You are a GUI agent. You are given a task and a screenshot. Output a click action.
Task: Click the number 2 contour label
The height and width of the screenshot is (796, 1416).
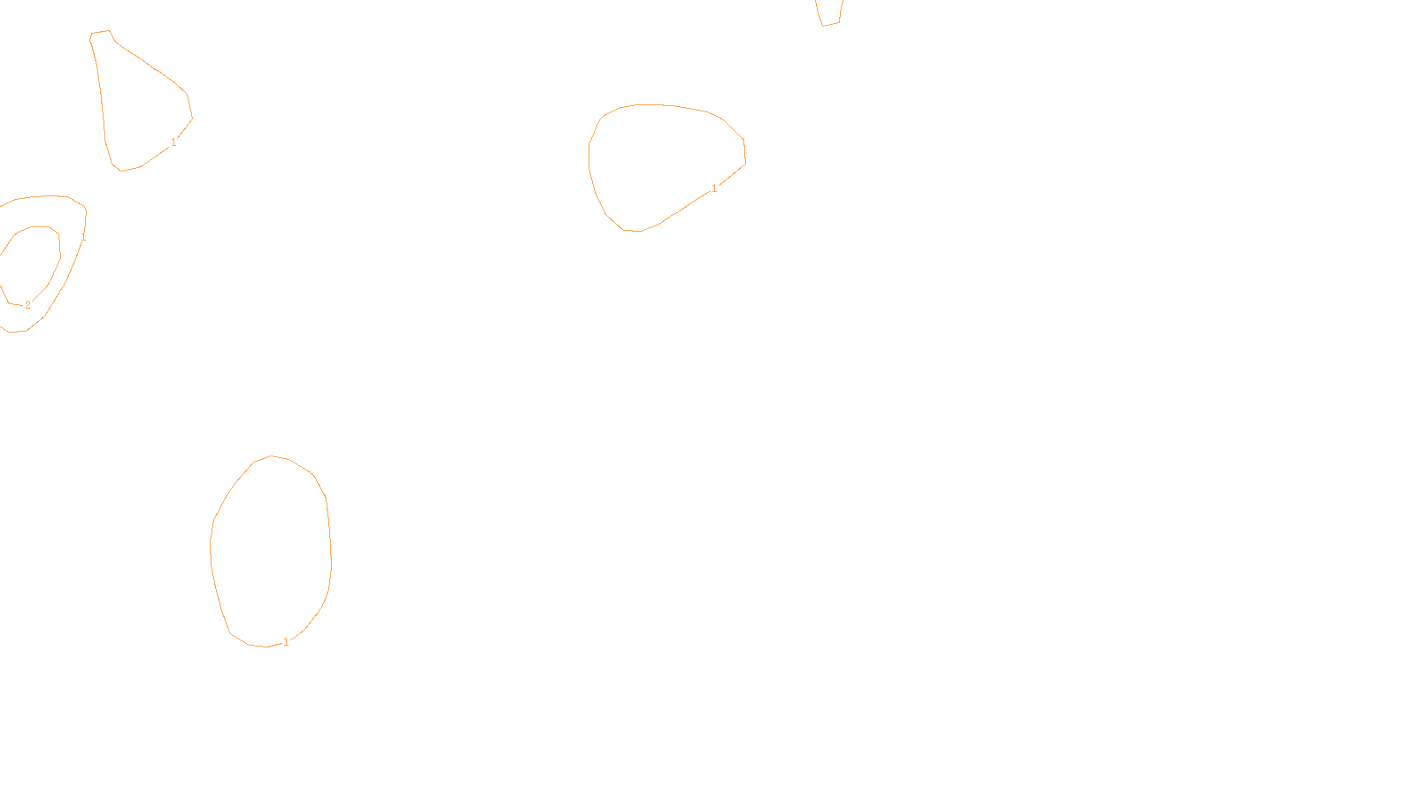tap(27, 305)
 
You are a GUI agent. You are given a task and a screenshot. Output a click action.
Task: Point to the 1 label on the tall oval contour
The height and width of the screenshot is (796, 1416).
tap(286, 642)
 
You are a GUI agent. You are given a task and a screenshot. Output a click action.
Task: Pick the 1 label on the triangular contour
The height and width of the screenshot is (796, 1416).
tap(173, 142)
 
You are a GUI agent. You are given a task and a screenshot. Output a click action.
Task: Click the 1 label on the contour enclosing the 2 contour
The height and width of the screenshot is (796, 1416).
tap(83, 237)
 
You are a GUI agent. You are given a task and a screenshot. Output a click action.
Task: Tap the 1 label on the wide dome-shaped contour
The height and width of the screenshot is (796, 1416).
tap(714, 188)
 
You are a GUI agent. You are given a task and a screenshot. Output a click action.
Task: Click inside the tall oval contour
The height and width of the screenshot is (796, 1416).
tap(271, 553)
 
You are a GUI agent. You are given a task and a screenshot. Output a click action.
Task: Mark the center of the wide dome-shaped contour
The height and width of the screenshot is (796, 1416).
tap(664, 164)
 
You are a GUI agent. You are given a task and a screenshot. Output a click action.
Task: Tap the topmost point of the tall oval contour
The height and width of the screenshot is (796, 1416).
tap(273, 456)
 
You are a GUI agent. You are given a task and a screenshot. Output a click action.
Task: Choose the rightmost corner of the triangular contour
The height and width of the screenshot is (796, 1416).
tap(192, 117)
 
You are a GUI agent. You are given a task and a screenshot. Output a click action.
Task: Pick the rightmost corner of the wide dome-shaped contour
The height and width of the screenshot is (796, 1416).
tap(745, 161)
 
